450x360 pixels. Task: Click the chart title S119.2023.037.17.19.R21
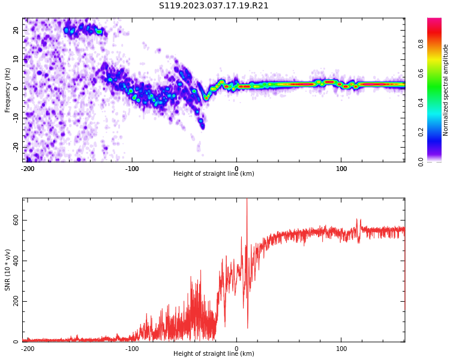pyautogui.click(x=214, y=5)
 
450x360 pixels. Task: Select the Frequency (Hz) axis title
pyautogui.click(x=8, y=90)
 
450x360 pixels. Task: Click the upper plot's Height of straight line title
pyautogui.click(x=214, y=174)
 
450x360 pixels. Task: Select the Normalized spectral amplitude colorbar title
pyautogui.click(x=446, y=90)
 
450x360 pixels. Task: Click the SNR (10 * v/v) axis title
pyautogui.click(x=8, y=270)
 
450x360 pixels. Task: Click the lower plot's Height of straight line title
pyautogui.click(x=214, y=354)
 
